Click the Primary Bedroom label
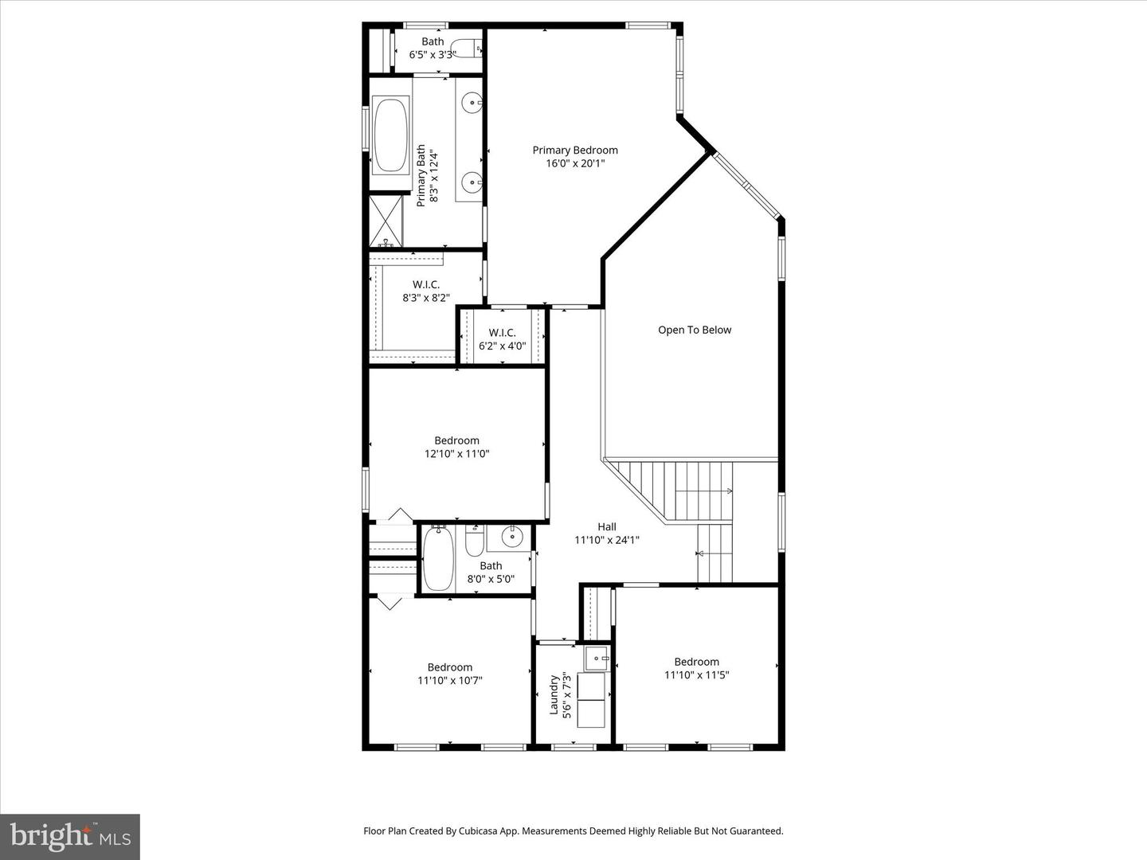[x=574, y=150]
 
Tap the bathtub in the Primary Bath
[x=390, y=135]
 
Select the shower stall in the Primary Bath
[x=386, y=221]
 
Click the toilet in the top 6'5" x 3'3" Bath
[x=465, y=48]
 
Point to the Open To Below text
[x=694, y=330]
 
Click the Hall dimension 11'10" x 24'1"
[x=607, y=540]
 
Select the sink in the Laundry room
[x=596, y=659]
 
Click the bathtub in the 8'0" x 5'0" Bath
[x=437, y=557]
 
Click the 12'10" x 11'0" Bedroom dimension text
[x=456, y=454]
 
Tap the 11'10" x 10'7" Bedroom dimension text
[x=450, y=680]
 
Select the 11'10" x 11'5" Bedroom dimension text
[x=697, y=674]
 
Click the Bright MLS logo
[x=70, y=836]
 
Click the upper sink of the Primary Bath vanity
[x=473, y=102]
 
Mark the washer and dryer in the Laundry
[x=591, y=700]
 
